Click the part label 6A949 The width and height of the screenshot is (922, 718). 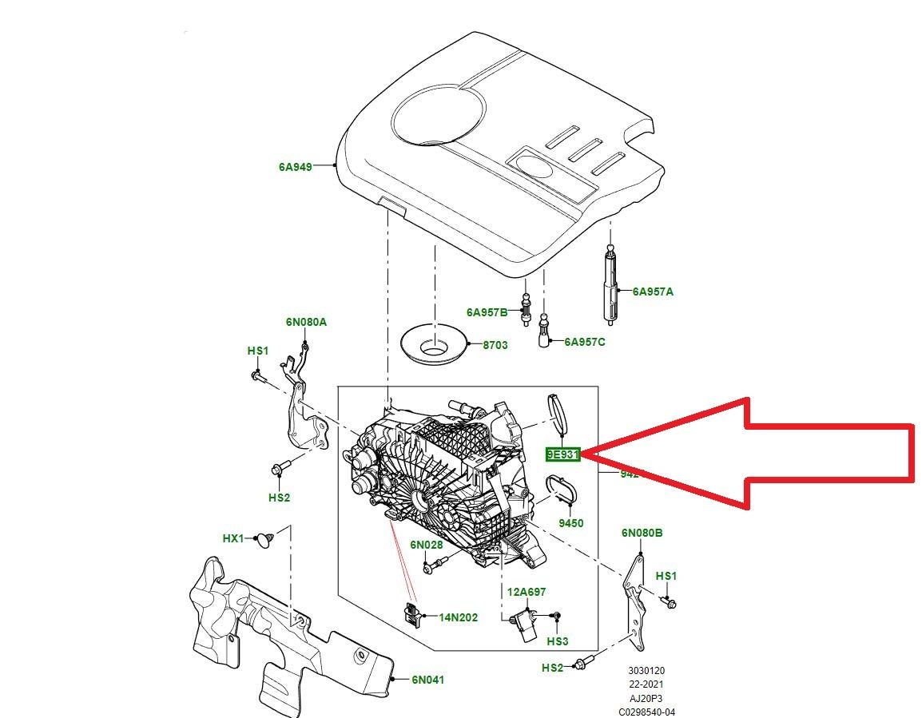(295, 167)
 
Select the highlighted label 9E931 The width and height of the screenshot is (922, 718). (562, 454)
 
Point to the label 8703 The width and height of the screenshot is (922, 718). (495, 345)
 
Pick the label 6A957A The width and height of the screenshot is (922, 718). (653, 292)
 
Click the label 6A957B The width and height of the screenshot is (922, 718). (487, 311)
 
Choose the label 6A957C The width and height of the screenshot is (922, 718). (585, 342)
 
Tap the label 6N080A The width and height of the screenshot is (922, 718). (306, 323)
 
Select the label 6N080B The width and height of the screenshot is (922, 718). (642, 533)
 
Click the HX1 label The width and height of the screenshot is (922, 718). (233, 538)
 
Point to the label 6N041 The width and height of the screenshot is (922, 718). (427, 680)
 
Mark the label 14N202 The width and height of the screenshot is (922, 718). (458, 617)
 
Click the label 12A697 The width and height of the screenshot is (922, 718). (527, 592)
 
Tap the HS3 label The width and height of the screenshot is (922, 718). (558, 641)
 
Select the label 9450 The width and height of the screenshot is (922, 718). (570, 524)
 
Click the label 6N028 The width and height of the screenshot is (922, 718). (427, 545)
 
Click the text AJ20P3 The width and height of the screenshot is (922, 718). (646, 698)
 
